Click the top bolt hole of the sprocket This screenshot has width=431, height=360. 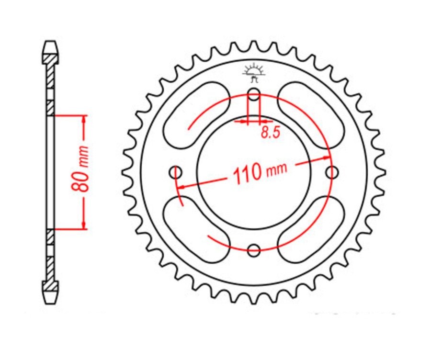point(254,94)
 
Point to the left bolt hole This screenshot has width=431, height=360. point(176,171)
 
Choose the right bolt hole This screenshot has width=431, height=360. point(331,171)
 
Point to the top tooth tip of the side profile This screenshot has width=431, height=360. point(51,45)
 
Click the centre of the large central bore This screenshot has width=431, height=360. point(254,171)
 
